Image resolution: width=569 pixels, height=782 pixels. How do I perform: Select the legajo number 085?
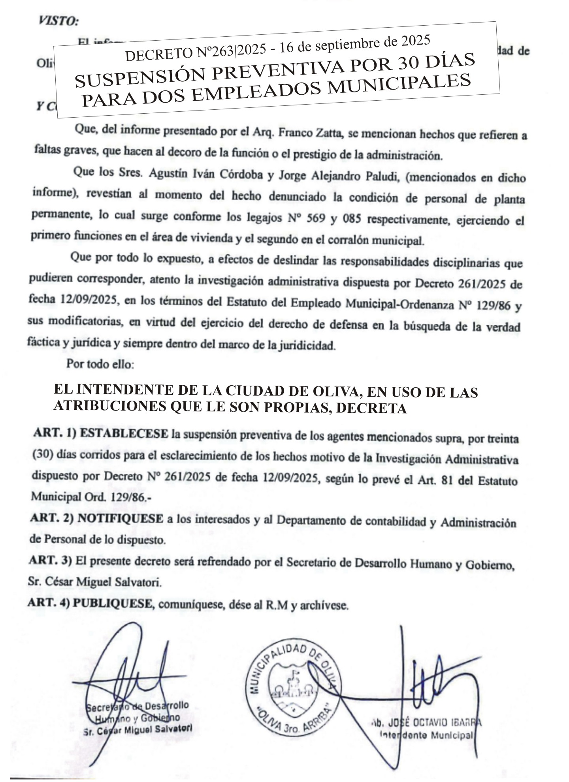[x=352, y=219]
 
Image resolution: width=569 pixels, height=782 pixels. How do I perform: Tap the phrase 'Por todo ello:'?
[x=100, y=364]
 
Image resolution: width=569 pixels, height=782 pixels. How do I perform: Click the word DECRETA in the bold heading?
[x=371, y=409]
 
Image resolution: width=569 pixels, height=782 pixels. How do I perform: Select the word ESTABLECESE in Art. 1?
[x=124, y=433]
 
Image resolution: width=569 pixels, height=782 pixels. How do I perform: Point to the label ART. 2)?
[x=52, y=518]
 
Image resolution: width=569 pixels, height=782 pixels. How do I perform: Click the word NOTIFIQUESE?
[x=120, y=519]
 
